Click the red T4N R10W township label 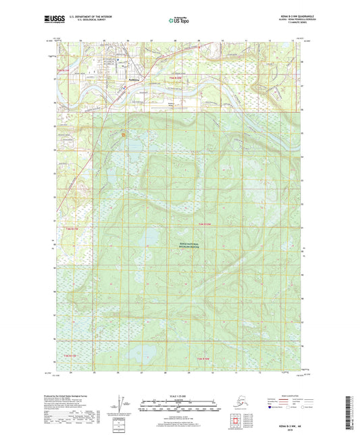point(205,224)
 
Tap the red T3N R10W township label point(203,357)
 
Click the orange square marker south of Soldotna point(124,134)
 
